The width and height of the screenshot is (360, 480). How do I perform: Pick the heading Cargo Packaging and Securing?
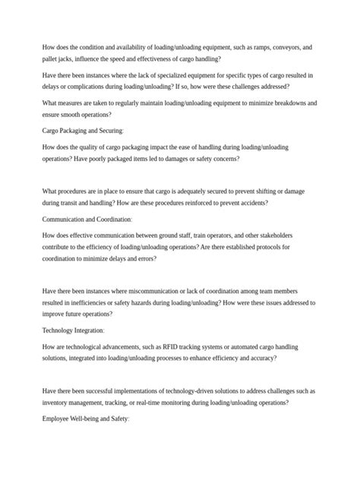82,131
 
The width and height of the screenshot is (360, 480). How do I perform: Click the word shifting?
255,192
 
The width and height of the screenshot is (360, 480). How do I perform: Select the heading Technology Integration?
73,331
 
